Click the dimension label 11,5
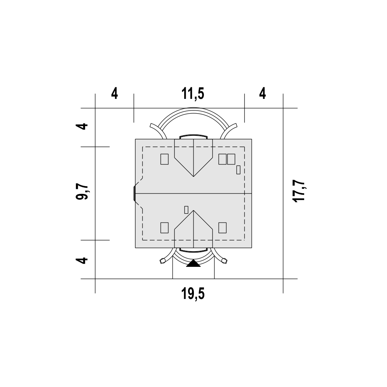(193, 94)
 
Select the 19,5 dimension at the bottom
(193, 294)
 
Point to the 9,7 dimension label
(82, 192)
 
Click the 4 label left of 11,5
(115, 94)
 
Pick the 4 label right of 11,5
(263, 94)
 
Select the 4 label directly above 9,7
(82, 126)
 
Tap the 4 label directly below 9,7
(82, 260)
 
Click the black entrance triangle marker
(193, 263)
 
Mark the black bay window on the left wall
(135, 193)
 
